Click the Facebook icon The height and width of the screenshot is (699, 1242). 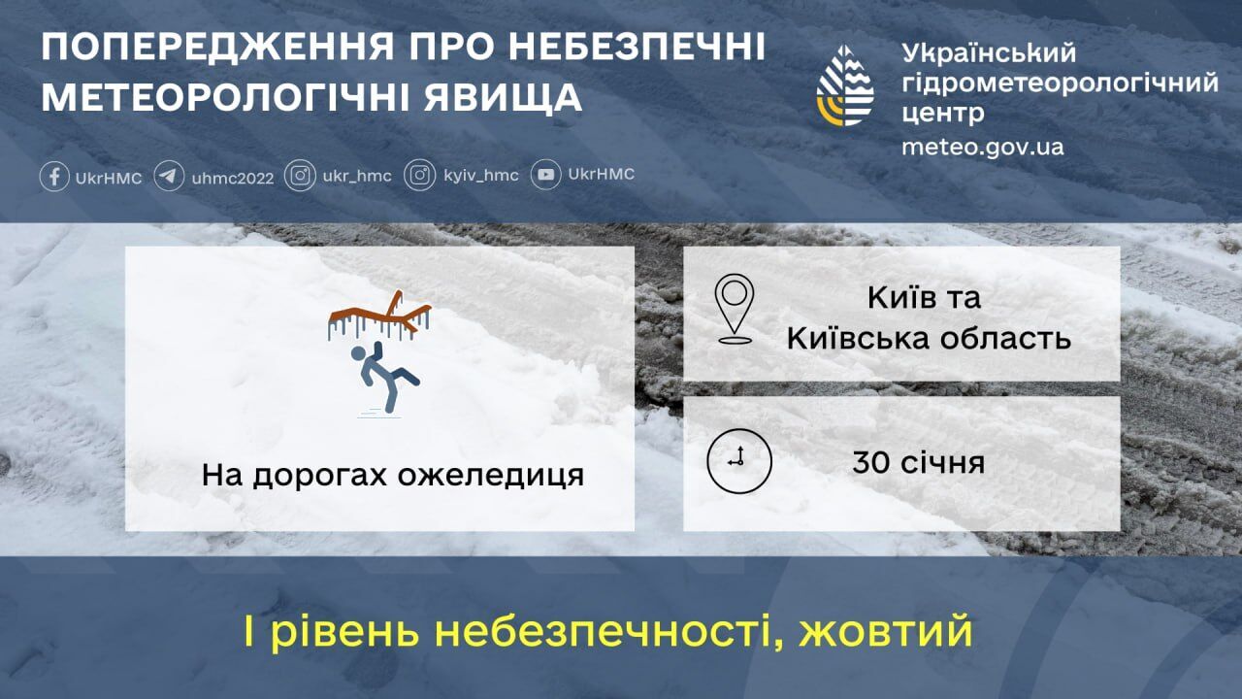coord(54,177)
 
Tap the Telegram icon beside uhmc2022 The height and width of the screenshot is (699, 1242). coord(169,177)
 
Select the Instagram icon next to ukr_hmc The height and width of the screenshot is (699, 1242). coord(301,176)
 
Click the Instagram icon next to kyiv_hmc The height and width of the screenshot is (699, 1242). coord(420,176)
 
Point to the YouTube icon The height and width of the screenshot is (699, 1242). coord(545,176)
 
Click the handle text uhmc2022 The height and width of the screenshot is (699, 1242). coord(233,178)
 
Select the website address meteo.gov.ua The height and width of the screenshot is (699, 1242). coord(982,147)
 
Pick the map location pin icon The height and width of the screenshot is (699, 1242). coord(735,309)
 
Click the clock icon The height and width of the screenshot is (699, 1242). coord(738,461)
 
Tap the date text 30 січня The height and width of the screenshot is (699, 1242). coord(918,462)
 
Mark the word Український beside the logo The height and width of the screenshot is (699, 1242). coord(989,52)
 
